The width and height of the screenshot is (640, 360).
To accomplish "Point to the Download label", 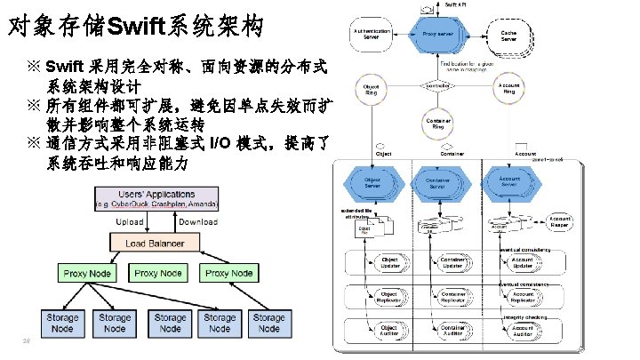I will (x=197, y=221).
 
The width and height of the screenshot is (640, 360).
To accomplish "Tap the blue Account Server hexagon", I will (x=509, y=181).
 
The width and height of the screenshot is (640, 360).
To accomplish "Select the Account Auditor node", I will (x=523, y=332).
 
